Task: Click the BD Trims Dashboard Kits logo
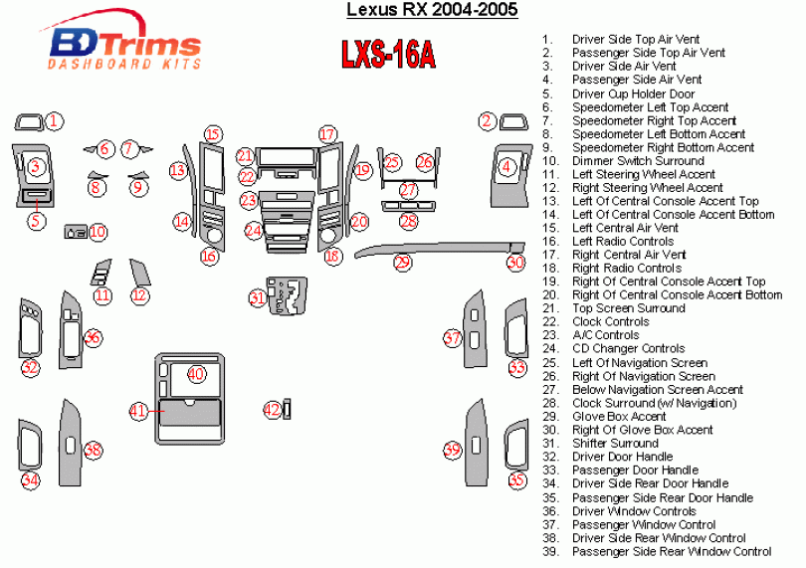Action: (x=124, y=46)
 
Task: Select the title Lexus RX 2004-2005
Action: (x=431, y=11)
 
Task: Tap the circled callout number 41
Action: (x=139, y=410)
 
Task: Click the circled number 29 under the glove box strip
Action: (x=402, y=263)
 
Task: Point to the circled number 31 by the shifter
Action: (x=258, y=297)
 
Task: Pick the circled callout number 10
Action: (x=98, y=232)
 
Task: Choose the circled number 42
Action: (x=272, y=409)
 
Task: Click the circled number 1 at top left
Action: (x=55, y=121)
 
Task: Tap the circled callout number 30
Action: (x=514, y=263)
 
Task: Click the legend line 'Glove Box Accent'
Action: (x=619, y=416)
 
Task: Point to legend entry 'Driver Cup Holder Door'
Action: (x=633, y=94)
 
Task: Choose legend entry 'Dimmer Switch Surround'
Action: (x=638, y=161)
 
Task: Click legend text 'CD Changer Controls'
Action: (x=628, y=349)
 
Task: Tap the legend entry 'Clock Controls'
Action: (x=610, y=322)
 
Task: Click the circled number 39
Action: (x=452, y=451)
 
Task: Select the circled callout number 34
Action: (x=31, y=480)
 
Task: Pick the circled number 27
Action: (x=408, y=190)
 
